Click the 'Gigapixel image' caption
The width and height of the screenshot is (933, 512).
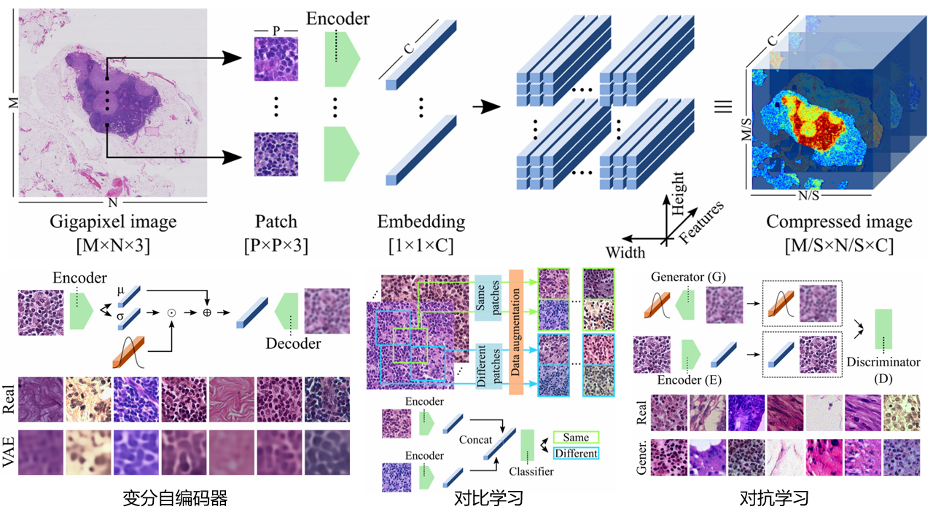113,221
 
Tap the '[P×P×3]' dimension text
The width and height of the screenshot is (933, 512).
276,245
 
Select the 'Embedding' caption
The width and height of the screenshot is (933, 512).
421,221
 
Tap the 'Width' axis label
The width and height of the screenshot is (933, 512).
625,253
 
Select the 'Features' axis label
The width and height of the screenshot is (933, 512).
702,221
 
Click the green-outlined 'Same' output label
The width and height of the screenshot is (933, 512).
576,438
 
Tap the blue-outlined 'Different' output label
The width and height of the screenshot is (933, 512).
576,454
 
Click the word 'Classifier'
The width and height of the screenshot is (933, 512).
531,471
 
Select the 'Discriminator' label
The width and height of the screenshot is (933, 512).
884,361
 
